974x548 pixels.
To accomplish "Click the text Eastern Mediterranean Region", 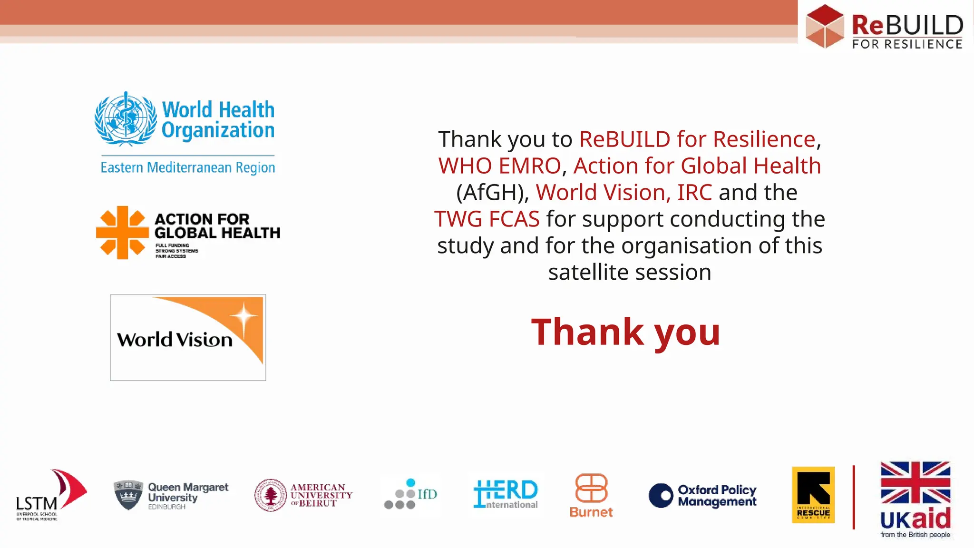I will [x=187, y=167].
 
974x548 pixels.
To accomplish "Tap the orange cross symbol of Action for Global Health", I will [x=122, y=232].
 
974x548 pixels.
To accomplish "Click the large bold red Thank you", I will [x=625, y=332].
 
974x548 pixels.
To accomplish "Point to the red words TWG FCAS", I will [x=487, y=219].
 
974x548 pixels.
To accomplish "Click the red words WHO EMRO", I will [x=499, y=166].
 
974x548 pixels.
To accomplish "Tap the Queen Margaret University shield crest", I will [x=128, y=495].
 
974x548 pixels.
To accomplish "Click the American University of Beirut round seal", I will [x=271, y=495].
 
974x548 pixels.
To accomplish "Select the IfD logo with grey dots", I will [x=410, y=495].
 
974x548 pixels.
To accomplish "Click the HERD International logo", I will [x=506, y=494].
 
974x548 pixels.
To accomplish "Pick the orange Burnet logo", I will [x=591, y=495].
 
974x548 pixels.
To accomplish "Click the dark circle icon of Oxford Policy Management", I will [x=661, y=495].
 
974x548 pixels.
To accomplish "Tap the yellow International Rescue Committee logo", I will [x=813, y=495].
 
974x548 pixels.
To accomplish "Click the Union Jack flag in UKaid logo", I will [x=915, y=482].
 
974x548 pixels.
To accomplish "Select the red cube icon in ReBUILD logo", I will [x=825, y=26].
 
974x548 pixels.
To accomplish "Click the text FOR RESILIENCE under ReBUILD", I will [x=907, y=44].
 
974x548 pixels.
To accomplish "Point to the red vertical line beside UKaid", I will [x=854, y=497].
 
